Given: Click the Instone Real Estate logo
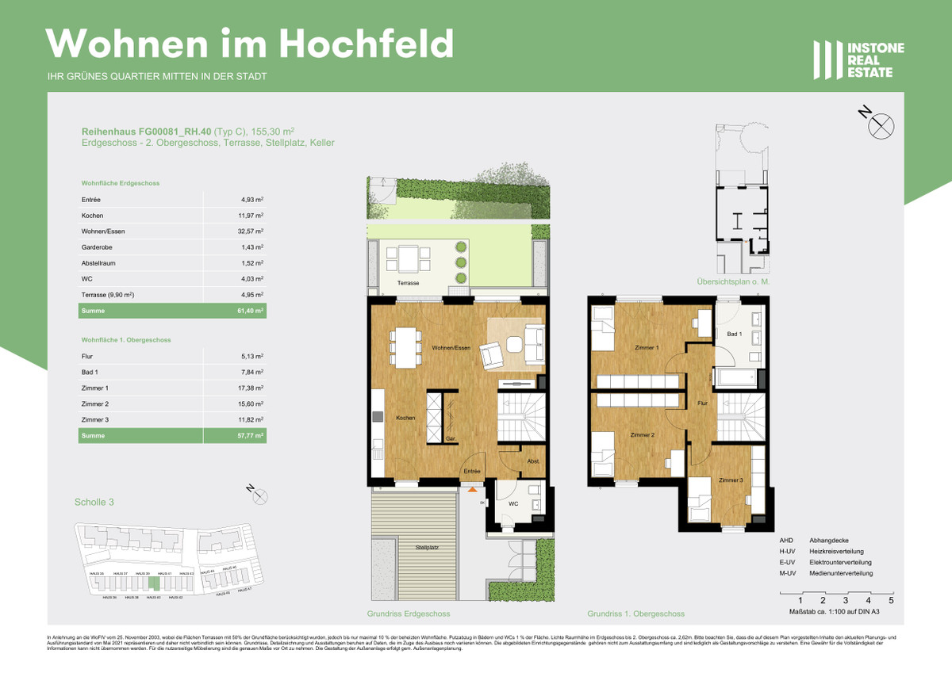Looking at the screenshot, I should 858,60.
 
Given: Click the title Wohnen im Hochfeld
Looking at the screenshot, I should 251,43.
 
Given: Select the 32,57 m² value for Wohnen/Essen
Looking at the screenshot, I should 252,231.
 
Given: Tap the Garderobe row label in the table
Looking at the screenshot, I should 96,247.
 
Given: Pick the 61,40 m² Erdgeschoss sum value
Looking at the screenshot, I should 252,311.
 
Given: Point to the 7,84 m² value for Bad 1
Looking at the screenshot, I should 252,373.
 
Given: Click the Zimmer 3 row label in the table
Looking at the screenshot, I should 94,419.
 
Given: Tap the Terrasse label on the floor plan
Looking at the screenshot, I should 409,283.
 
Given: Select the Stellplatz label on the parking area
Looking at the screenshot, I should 427,548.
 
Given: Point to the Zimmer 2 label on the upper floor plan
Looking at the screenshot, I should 642,435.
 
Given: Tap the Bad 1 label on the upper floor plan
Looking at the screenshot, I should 735,335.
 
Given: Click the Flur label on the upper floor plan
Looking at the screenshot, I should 702,403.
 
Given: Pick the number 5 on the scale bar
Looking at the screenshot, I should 892,601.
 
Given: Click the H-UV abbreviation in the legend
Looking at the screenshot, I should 787,551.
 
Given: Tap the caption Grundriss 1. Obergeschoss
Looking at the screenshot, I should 635,614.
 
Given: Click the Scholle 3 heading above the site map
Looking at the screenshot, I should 94,502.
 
